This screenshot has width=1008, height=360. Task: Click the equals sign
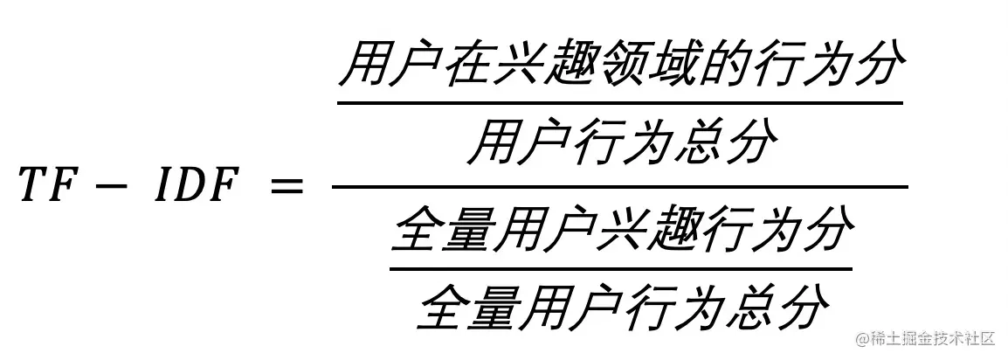tap(286, 187)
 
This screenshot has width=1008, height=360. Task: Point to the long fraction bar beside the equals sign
tap(619, 187)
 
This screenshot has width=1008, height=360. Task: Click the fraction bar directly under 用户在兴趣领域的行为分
tap(619, 102)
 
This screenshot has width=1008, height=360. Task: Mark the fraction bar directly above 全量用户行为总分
tap(621, 269)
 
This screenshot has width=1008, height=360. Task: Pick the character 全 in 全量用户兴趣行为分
tap(416, 230)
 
